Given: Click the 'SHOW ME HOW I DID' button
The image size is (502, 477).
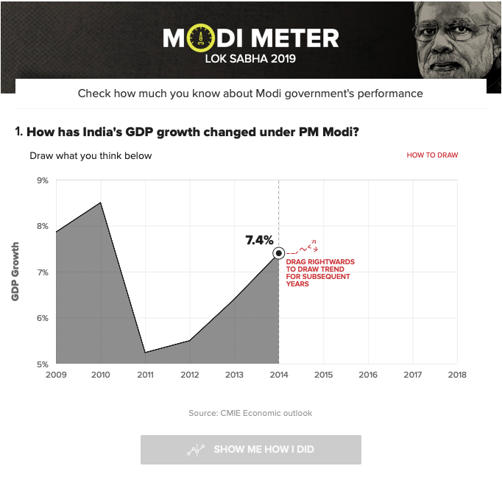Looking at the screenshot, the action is click(251, 450).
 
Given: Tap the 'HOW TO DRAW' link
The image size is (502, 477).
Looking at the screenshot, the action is click(432, 155).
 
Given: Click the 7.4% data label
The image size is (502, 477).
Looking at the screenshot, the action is click(259, 240).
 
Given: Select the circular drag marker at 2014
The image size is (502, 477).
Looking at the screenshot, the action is click(279, 253).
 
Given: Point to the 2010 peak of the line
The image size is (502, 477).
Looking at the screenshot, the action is click(101, 202).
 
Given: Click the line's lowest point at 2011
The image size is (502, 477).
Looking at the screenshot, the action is click(145, 353).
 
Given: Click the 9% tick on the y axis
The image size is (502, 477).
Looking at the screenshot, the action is click(43, 180).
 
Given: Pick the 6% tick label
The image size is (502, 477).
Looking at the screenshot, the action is click(43, 318).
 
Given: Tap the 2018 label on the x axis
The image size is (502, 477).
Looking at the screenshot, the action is click(457, 375).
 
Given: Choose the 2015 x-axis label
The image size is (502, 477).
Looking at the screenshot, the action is click(323, 375).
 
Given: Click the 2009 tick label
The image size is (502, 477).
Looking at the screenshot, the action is click(56, 375).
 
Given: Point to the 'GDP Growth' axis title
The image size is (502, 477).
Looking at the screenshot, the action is click(15, 272).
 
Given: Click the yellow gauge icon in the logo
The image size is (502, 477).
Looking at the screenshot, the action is click(201, 38).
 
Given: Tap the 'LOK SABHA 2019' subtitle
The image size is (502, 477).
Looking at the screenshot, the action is click(250, 59).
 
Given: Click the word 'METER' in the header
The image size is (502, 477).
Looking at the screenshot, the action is click(295, 38).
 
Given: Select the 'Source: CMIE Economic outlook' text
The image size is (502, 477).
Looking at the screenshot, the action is click(250, 413).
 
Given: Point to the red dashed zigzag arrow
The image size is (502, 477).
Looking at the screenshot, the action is click(302, 247).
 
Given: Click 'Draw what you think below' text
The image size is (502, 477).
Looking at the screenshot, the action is click(91, 156).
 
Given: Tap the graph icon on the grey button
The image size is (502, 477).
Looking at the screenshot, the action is click(196, 450).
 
